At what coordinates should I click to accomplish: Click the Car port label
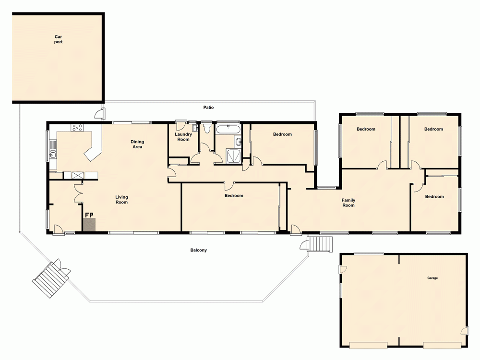pos(59,39)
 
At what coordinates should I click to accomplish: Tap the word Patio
pos(208,108)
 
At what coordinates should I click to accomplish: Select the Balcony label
pos(198,250)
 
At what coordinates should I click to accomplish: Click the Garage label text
pos(432,278)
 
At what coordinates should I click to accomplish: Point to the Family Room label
pos(348,203)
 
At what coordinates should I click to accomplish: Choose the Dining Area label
pos(137,144)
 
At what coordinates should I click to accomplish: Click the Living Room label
pos(121,199)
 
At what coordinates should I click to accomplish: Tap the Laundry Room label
pos(183,137)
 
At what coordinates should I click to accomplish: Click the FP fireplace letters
pos(89,215)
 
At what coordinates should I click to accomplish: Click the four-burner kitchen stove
pos(77,128)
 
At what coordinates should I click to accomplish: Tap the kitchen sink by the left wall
pos(53,154)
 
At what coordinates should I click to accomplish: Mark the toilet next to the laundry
pos(207,128)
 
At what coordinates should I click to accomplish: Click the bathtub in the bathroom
pos(228,129)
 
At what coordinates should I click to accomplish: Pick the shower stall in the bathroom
pos(234,155)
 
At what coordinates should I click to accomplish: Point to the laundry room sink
pos(194,129)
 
